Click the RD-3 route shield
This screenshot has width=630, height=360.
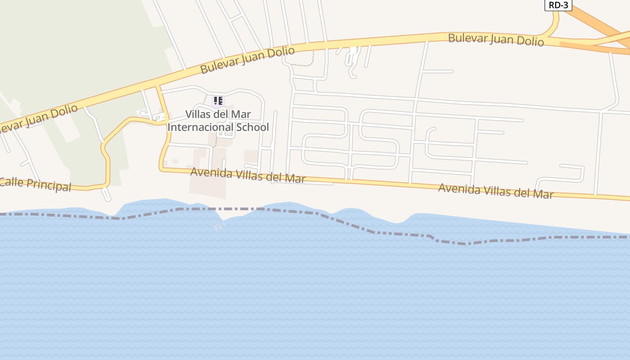point(558,5)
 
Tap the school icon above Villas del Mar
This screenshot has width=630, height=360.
point(218,101)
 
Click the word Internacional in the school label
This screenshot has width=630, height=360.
point(201,127)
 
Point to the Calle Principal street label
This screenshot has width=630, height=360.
point(35,184)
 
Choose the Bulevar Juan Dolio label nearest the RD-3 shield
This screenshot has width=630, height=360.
point(496,40)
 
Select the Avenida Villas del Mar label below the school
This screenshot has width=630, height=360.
point(247,175)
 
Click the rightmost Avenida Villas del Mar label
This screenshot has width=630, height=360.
point(496,191)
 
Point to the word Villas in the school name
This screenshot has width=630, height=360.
point(198,114)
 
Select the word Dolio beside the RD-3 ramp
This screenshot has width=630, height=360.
point(531,41)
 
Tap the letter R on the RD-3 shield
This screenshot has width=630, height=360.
point(551,5)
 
